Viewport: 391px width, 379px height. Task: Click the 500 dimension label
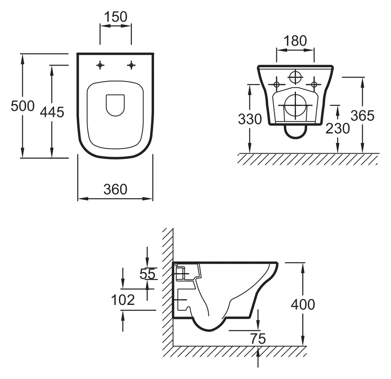[x=22, y=106]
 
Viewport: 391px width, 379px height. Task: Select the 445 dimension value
[x=52, y=112]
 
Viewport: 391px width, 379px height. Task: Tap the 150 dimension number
[x=116, y=17]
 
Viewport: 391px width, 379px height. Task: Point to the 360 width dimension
[x=115, y=189]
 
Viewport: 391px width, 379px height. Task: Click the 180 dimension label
[x=295, y=41]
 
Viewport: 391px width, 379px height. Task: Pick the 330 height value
[x=249, y=119]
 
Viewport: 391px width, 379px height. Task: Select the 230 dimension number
[x=337, y=128]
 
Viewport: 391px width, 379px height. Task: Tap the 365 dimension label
[x=362, y=115]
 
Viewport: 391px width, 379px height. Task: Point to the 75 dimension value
[x=258, y=339]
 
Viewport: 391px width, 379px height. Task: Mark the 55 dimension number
[x=147, y=274]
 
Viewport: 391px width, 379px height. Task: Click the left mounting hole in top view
[x=100, y=65]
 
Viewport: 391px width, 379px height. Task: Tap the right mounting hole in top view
[x=131, y=65]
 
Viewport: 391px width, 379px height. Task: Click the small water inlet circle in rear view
[x=296, y=77]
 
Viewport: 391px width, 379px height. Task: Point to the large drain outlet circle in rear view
[x=296, y=105]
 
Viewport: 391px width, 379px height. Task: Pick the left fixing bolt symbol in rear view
[x=277, y=84]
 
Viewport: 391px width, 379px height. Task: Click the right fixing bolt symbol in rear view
[x=314, y=84]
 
